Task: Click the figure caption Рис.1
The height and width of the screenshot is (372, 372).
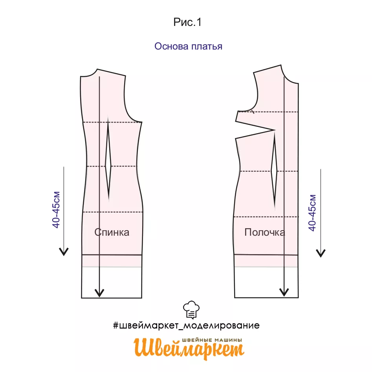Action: (x=187, y=22)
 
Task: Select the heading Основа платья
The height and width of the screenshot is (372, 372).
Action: (x=188, y=46)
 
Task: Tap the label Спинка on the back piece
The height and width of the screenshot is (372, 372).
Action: (x=112, y=232)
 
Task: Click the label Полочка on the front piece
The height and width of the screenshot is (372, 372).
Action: (x=264, y=232)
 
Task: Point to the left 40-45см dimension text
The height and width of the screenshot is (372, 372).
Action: (x=57, y=210)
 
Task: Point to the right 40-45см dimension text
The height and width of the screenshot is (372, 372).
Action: (x=312, y=213)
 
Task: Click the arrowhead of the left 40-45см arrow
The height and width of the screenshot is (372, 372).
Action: (x=64, y=251)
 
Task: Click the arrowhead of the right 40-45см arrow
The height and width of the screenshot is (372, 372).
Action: (x=321, y=253)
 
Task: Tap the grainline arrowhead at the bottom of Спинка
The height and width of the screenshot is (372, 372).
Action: (x=99, y=293)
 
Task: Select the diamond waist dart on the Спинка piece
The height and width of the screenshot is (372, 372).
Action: (x=108, y=165)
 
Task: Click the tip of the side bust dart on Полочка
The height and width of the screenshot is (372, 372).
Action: (x=274, y=130)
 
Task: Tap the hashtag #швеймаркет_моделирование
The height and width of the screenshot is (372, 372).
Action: (x=186, y=326)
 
